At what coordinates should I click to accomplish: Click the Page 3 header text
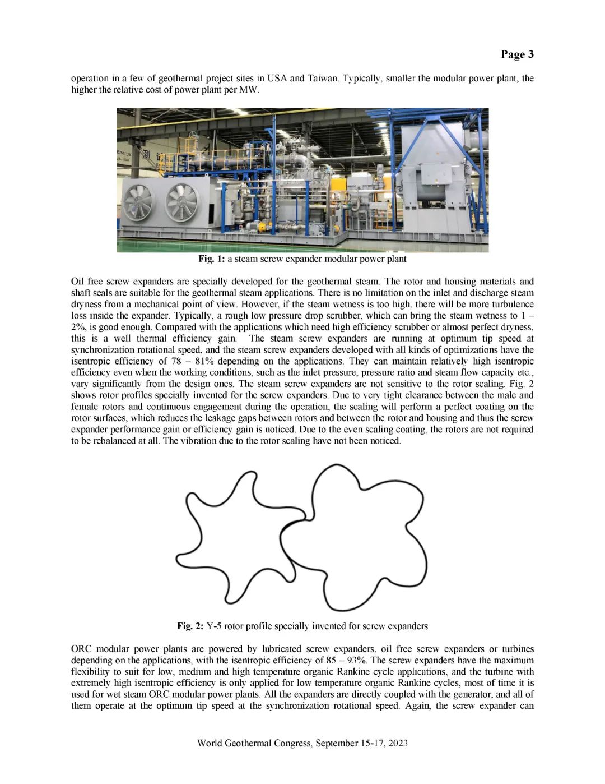click(x=517, y=54)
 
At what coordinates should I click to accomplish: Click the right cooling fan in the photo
click(x=182, y=202)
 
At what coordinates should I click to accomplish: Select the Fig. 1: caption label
click(x=211, y=259)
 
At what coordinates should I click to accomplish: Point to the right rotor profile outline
click(x=359, y=538)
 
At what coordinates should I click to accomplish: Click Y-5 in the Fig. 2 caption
click(x=215, y=626)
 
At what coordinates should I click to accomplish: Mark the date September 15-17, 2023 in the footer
click(x=362, y=743)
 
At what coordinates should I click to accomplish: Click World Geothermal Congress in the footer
click(x=255, y=743)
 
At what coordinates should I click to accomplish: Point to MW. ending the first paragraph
click(x=249, y=90)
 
